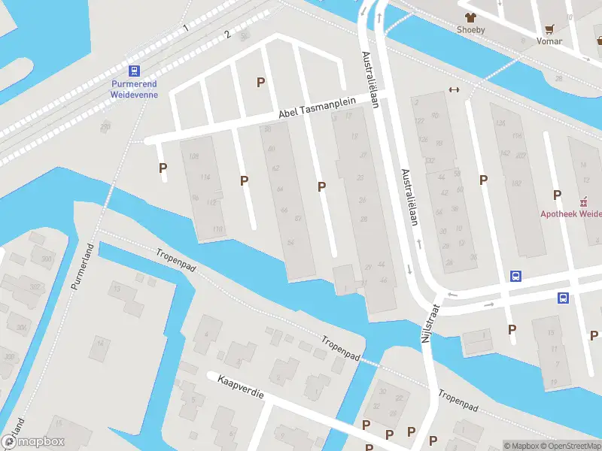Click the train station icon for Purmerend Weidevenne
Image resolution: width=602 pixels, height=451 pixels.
pyautogui.click(x=134, y=71)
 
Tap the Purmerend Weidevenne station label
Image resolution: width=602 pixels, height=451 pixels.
pyautogui.click(x=134, y=89)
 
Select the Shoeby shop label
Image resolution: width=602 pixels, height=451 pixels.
pyautogui.click(x=471, y=30)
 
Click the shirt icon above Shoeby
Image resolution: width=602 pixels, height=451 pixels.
pyautogui.click(x=471, y=17)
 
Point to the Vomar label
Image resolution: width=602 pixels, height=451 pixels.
pyautogui.click(x=549, y=41)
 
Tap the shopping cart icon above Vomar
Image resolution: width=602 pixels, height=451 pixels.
pyautogui.click(x=550, y=29)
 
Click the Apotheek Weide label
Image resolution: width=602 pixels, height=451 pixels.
pyautogui.click(x=571, y=213)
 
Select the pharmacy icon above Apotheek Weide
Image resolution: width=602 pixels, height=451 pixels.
pyautogui.click(x=582, y=201)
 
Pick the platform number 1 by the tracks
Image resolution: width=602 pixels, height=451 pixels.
pyautogui.click(x=185, y=28)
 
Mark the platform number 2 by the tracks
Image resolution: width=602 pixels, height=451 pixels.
pyautogui.click(x=227, y=35)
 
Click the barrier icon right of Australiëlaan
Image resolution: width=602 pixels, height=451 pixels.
pyautogui.click(x=454, y=89)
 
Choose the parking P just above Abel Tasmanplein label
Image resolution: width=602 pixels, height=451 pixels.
pyautogui.click(x=261, y=82)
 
